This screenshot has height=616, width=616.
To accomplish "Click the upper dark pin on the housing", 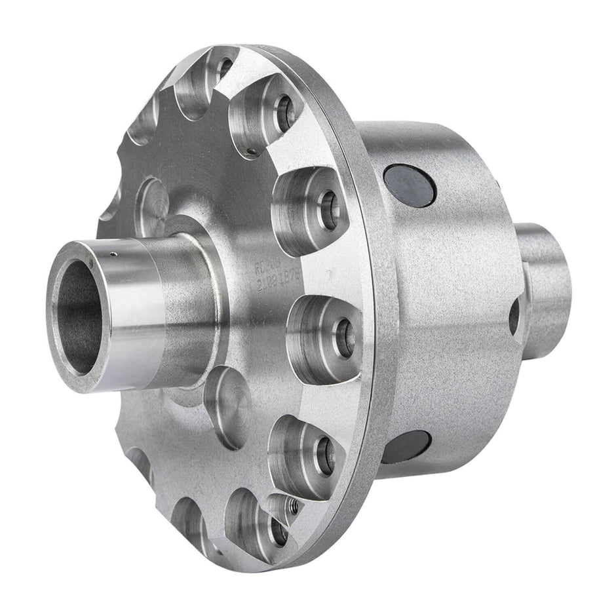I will click(410, 185).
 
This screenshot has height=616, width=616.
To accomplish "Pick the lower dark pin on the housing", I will click(406, 447).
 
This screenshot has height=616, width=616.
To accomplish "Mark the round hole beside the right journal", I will click(514, 316).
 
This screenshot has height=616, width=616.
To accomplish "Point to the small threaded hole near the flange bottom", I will click(293, 506).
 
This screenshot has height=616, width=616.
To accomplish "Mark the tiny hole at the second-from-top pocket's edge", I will click(252, 155).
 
